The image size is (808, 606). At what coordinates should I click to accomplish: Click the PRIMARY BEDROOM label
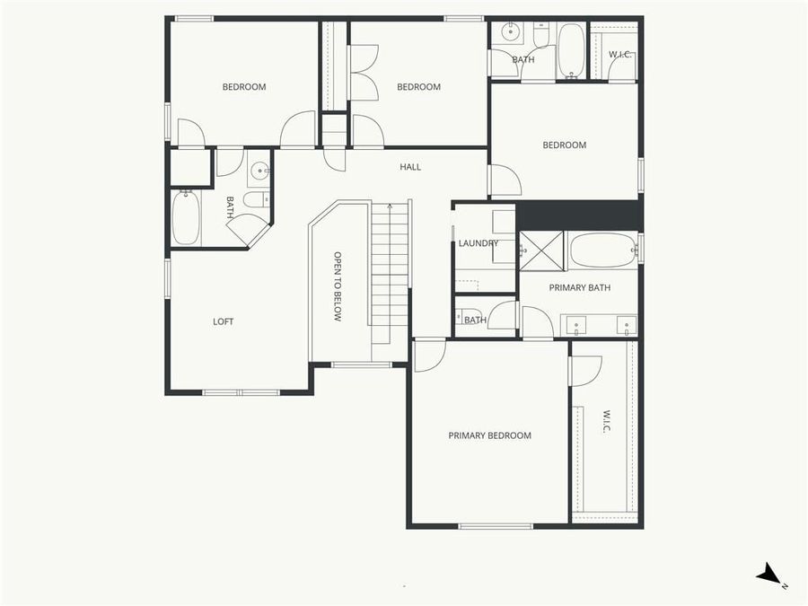(489, 435)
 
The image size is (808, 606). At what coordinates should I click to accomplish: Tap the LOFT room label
(223, 321)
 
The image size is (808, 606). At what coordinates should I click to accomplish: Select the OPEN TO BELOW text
(338, 286)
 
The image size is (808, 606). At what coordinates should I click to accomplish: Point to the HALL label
(409, 167)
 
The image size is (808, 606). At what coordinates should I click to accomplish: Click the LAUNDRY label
(478, 243)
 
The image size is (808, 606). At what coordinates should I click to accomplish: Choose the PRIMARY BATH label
(579, 288)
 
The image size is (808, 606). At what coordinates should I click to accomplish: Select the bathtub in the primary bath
(602, 250)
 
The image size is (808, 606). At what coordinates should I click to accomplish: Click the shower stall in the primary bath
(541, 250)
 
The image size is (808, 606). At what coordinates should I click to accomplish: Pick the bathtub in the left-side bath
(185, 218)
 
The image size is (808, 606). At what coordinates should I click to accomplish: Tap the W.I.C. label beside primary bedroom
(606, 422)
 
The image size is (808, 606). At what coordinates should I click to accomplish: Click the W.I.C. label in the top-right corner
(620, 56)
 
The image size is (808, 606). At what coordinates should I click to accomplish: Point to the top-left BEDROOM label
(244, 87)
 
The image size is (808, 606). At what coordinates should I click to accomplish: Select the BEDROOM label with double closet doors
(418, 87)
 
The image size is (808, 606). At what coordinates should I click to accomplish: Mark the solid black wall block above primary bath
(578, 215)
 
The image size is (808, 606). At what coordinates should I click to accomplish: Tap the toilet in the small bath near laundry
(469, 319)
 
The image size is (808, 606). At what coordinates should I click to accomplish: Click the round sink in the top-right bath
(510, 33)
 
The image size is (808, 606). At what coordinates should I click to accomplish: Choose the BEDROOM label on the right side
(564, 145)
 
